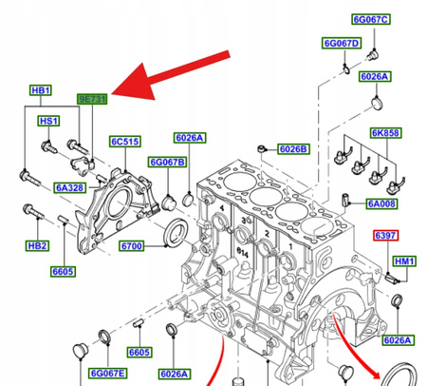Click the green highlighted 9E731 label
(x=94, y=98)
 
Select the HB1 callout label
(x=40, y=91)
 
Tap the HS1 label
(x=48, y=121)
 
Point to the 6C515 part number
(x=124, y=142)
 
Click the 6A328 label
(x=68, y=187)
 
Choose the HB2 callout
(x=38, y=245)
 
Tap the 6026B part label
(x=291, y=149)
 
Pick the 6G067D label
(x=341, y=43)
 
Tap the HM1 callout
(x=404, y=260)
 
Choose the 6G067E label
(x=106, y=374)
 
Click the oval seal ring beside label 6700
(x=176, y=231)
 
